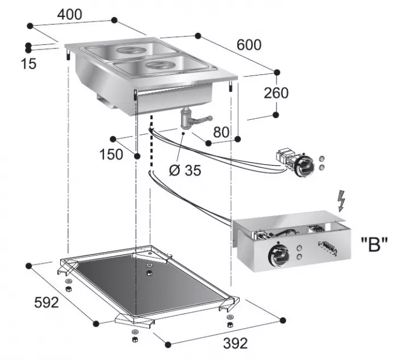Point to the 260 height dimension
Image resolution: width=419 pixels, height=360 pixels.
[x=276, y=93]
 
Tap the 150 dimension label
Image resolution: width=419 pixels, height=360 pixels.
[x=111, y=154]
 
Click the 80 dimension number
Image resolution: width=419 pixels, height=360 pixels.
[x=221, y=132]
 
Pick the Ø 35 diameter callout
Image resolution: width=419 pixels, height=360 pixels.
[x=185, y=170]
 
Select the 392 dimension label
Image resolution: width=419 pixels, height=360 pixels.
[x=234, y=343]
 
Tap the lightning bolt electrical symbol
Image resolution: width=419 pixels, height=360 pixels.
[x=341, y=201]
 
